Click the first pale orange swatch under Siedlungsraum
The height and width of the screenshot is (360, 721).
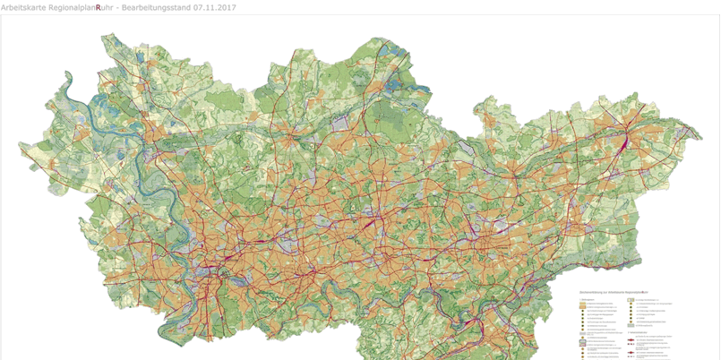(583, 304)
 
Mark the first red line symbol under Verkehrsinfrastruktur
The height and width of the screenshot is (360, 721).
(631, 339)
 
